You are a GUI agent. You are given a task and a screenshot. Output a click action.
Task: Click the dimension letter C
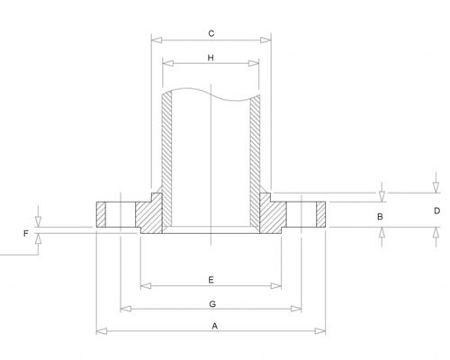[210, 33]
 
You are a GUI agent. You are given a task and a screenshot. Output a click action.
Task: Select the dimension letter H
[210, 58]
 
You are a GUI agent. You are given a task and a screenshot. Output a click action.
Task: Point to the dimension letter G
[210, 302]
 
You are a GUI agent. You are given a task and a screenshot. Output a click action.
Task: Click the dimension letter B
[381, 218]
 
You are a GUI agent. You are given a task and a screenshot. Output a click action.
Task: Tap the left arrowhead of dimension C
[154, 40]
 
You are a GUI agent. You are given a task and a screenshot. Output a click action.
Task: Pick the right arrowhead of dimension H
[257, 64]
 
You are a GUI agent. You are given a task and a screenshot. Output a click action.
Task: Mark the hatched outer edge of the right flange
[319, 215]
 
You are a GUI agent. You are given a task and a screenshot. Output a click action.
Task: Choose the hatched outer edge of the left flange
[101, 215]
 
